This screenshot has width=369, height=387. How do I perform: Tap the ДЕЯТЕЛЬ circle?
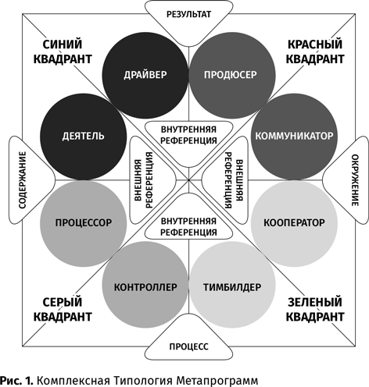click(84, 136)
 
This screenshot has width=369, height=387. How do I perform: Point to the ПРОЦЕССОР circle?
click(84, 222)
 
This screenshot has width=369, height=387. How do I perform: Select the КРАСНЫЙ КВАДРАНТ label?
click(315, 51)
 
